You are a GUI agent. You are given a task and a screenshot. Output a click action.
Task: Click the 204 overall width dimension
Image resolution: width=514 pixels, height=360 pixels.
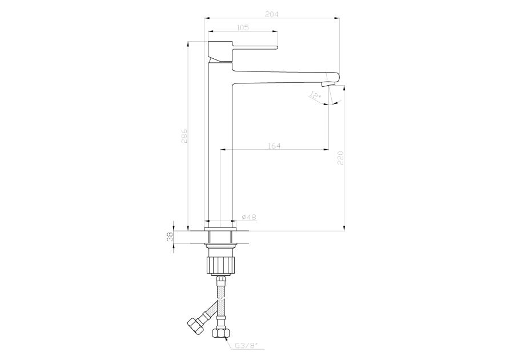coord(271,14)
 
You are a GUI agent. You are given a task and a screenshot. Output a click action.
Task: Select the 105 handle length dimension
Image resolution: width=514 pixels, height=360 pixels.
coord(242,27)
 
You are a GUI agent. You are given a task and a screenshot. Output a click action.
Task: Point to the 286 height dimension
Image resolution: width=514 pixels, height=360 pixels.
coord(184,135)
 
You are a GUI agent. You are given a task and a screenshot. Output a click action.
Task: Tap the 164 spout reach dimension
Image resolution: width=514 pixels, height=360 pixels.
coord(274,146)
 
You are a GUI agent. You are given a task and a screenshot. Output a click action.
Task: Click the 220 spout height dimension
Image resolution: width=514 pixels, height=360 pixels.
coord(340,158)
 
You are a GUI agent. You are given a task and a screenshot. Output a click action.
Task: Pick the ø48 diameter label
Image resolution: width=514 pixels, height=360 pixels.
coord(249,217)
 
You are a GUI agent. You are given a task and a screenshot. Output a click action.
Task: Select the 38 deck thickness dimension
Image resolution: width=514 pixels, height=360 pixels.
coord(170,237)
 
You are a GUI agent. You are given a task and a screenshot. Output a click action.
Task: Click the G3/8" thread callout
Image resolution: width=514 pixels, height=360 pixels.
coord(246,345)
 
